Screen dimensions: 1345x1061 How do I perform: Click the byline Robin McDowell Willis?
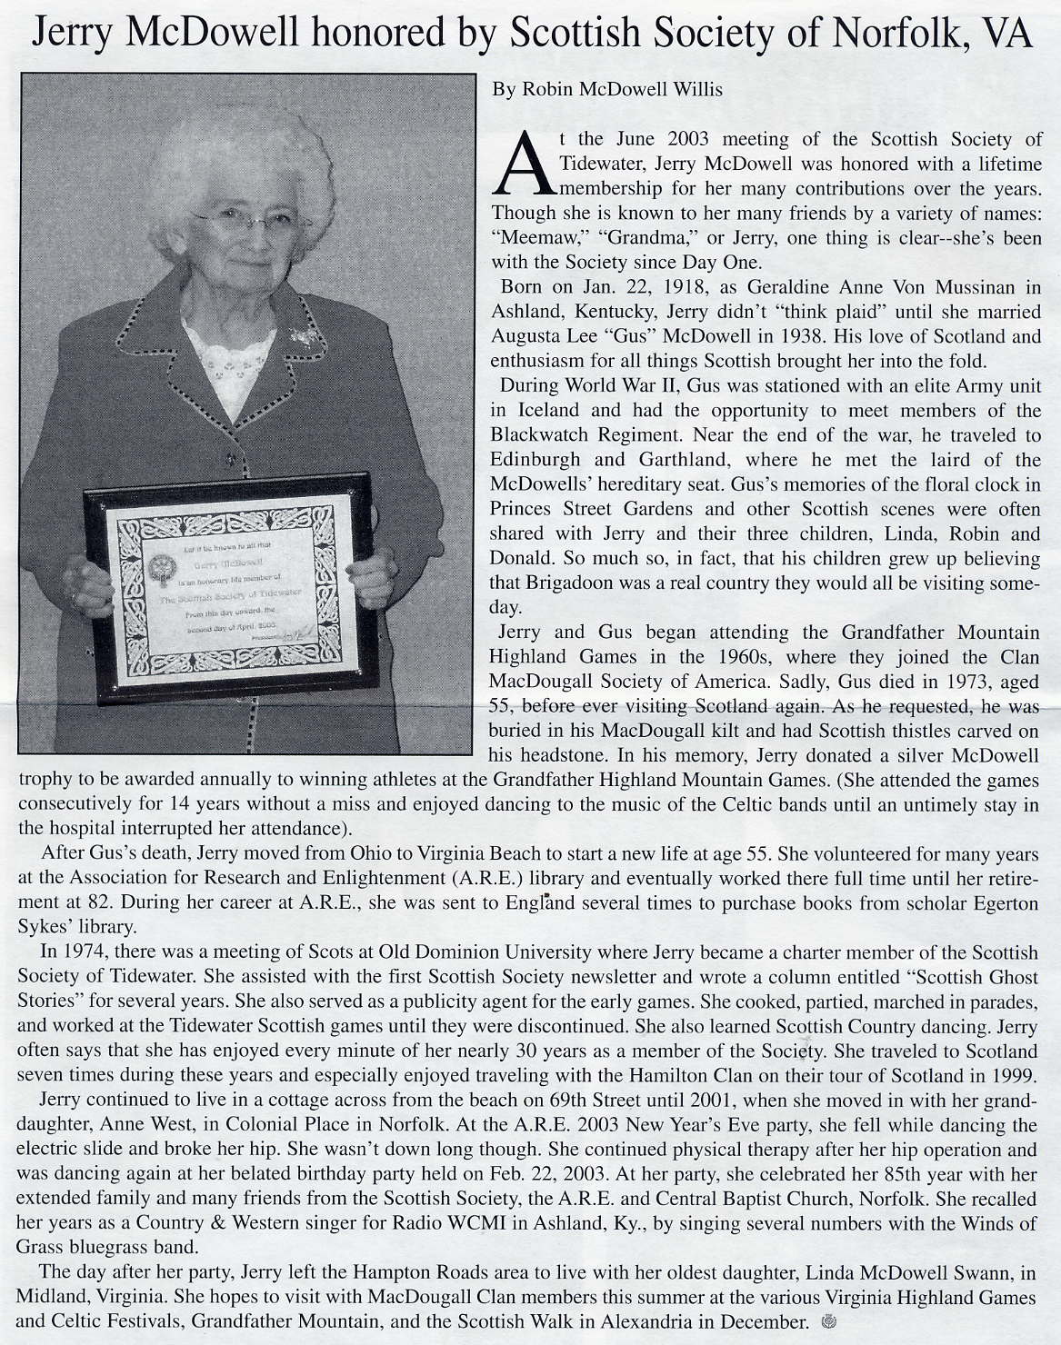tap(607, 89)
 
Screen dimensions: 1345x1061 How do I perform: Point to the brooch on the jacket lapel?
tap(305, 335)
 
